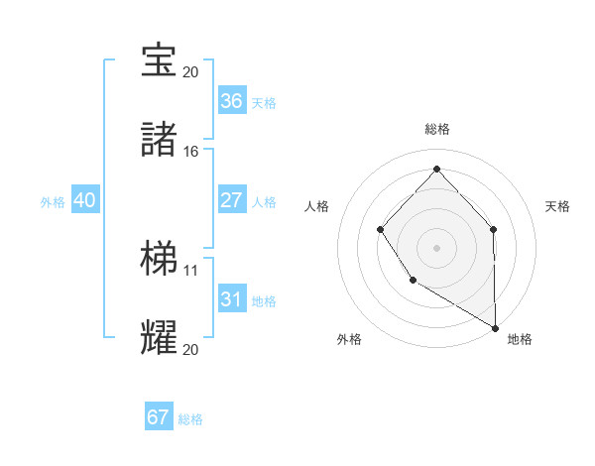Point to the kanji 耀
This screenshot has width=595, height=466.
tap(159, 337)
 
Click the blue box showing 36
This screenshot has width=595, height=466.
tap(231, 101)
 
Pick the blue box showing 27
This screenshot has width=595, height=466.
tap(231, 200)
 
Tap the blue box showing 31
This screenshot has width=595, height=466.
tap(231, 299)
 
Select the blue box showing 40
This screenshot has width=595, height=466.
tap(84, 200)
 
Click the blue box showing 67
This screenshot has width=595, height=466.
tap(159, 417)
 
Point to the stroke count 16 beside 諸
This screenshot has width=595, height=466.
tap(191, 152)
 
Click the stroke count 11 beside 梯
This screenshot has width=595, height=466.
tap(191, 270)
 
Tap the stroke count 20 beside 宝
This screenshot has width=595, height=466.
tap(191, 72)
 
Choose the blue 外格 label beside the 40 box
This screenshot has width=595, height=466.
tap(53, 202)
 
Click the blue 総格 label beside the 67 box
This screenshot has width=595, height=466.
tap(190, 419)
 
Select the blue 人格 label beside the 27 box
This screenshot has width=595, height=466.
tap(264, 202)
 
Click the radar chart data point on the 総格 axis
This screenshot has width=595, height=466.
tap(436, 169)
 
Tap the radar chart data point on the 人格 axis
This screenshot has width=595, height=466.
tap(381, 230)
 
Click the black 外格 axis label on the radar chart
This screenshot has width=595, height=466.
tap(349, 339)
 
